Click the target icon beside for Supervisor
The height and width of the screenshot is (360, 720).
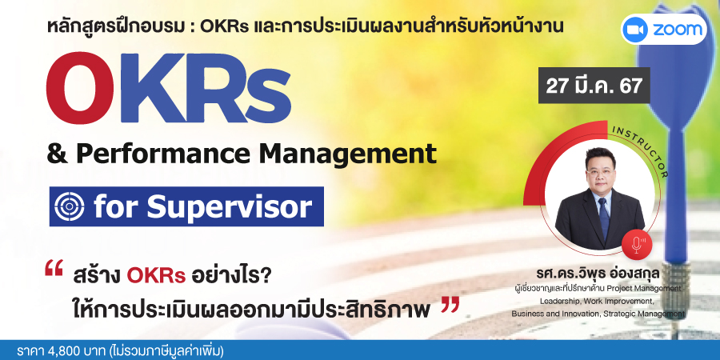tap(70, 206)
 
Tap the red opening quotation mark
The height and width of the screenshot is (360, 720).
tap(54, 268)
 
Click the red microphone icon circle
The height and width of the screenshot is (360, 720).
tap(637, 242)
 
